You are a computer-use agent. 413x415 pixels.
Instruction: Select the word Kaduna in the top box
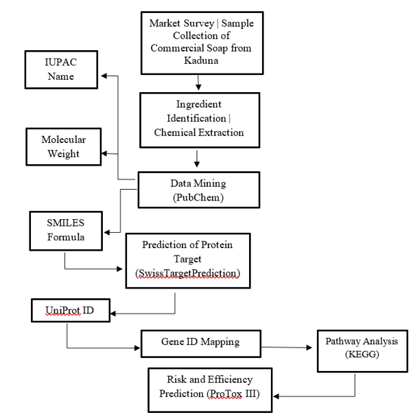[x=200, y=61]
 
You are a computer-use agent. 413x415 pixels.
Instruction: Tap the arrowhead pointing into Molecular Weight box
[x=105, y=153]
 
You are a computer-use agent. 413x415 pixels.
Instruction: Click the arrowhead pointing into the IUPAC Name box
[x=105, y=74]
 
